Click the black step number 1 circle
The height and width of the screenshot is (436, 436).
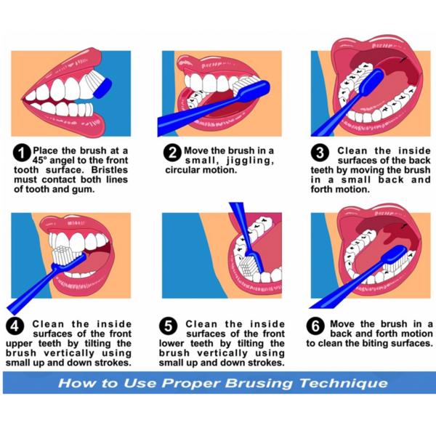[x=22, y=153]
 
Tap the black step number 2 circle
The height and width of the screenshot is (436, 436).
[x=173, y=153]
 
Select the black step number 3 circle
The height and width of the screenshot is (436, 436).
[x=320, y=153]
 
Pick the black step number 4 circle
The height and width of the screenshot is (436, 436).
[x=15, y=326]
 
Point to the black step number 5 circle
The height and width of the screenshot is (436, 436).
[x=169, y=326]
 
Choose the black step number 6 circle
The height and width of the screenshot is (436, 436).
[x=315, y=326]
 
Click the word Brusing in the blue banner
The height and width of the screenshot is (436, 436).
[x=259, y=384]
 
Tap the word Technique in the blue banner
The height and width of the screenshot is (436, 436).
[x=344, y=384]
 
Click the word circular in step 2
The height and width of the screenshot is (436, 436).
[x=182, y=170]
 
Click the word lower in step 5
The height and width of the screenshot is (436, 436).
[x=171, y=344]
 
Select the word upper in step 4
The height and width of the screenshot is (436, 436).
[x=19, y=344]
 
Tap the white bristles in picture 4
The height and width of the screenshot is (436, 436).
[x=64, y=256]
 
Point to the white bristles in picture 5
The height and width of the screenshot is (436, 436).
[x=248, y=266]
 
